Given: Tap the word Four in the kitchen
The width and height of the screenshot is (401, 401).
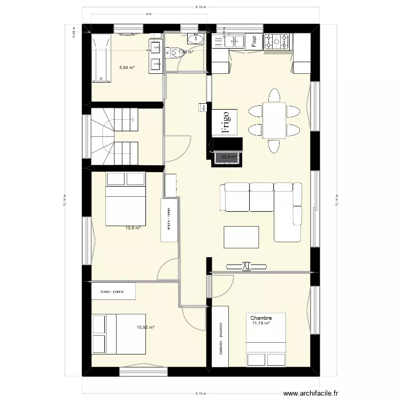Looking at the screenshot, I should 255,40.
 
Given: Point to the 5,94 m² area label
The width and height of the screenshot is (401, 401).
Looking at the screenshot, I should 127,67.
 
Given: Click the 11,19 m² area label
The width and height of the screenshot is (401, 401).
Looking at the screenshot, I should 261,323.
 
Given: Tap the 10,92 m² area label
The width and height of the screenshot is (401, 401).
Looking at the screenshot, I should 145,327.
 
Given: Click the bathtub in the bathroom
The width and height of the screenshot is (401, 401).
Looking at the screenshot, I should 102,58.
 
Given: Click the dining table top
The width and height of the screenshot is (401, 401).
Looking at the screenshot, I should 274,120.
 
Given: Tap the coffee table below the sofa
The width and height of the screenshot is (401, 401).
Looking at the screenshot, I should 242,236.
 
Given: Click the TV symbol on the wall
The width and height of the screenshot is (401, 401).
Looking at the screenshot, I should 246,266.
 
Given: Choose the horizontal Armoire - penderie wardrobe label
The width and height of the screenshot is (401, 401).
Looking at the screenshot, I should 112,292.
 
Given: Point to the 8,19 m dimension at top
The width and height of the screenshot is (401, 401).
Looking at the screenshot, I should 200,6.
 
